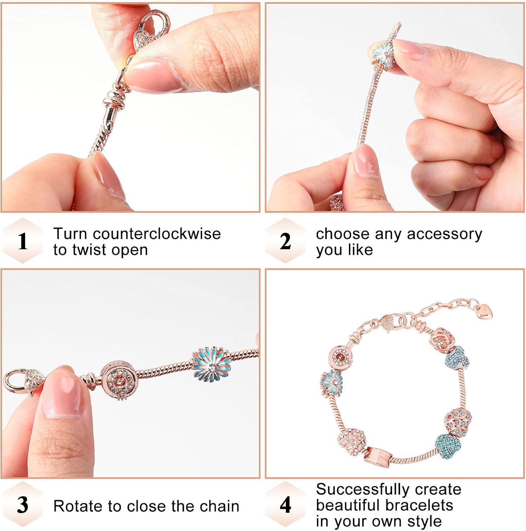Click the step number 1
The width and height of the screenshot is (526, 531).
(23, 241)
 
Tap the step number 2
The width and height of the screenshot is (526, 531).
(285, 241)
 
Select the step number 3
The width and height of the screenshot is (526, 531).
(23, 504)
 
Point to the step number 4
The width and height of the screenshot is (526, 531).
(285, 504)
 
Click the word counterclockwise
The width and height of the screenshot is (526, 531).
(157, 234)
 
